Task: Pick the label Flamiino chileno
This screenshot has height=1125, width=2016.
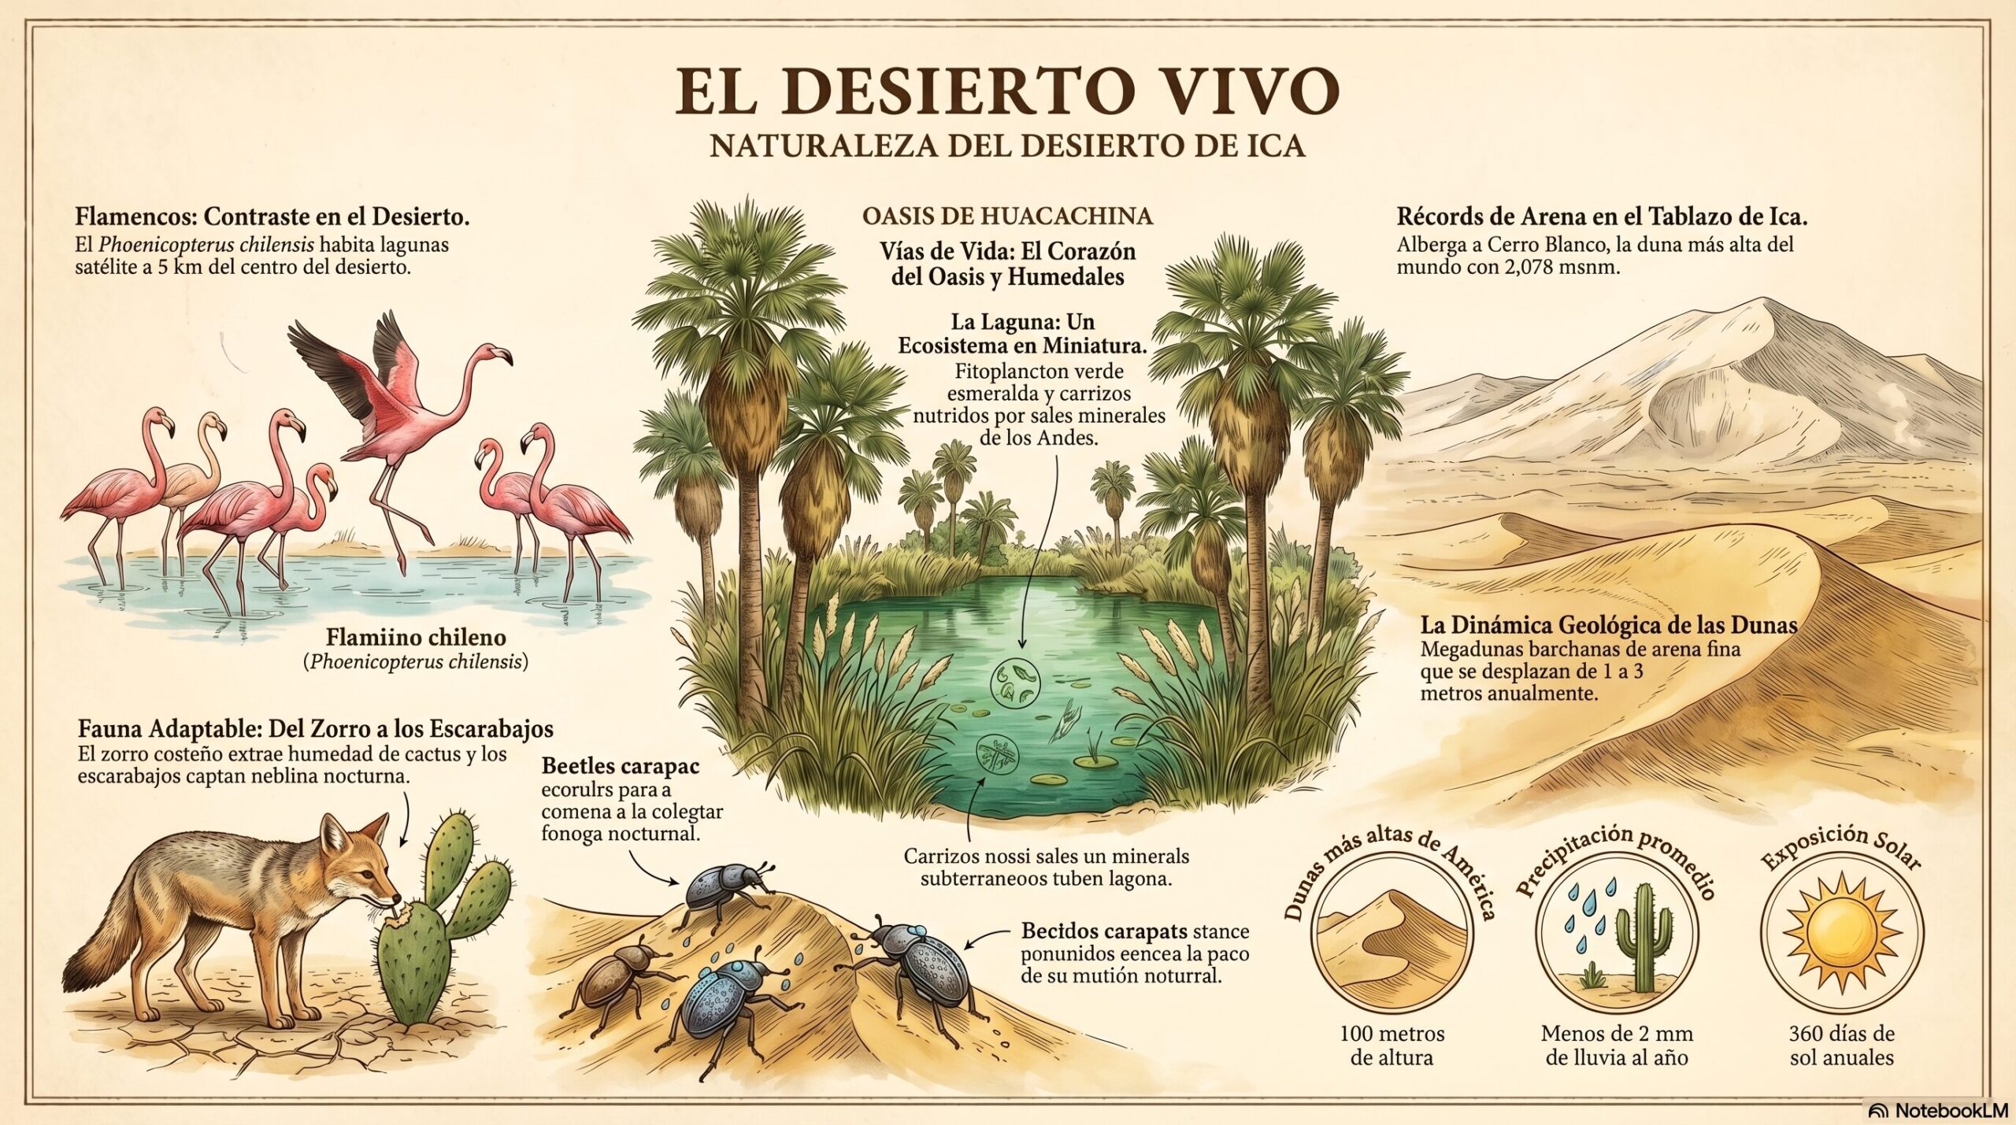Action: (x=416, y=637)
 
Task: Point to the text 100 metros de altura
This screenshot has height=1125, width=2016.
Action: (x=1392, y=1044)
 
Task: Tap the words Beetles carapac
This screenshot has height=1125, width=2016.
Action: (x=621, y=766)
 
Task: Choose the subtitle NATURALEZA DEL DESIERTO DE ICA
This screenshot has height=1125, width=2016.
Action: (x=1007, y=146)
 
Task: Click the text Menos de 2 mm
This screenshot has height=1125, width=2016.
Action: (x=1617, y=1033)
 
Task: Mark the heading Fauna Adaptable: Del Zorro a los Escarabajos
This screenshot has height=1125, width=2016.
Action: (x=315, y=727)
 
